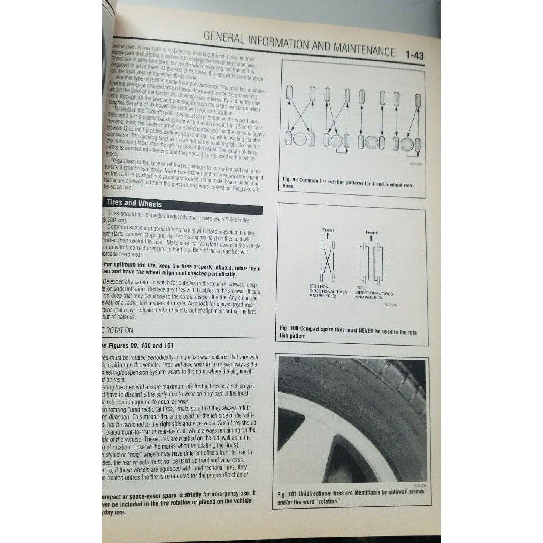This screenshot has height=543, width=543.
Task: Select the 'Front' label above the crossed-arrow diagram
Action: (x=328, y=230)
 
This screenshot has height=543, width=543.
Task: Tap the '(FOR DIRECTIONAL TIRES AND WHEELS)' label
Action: (x=373, y=293)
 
